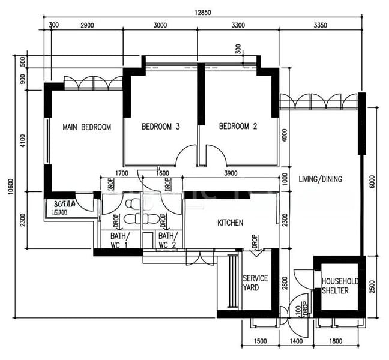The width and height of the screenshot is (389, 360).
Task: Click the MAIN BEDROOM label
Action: click(x=87, y=127)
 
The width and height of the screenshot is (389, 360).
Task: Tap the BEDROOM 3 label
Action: click(x=161, y=127)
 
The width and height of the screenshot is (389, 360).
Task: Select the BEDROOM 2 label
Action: click(x=238, y=127)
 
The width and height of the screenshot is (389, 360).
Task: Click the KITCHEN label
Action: click(x=230, y=223)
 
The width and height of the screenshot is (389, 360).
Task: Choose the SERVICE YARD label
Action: click(x=255, y=283)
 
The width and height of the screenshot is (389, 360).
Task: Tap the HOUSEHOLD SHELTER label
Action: click(x=340, y=286)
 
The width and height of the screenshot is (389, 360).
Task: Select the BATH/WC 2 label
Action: click(x=167, y=241)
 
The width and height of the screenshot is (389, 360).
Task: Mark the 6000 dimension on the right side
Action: click(x=372, y=182)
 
